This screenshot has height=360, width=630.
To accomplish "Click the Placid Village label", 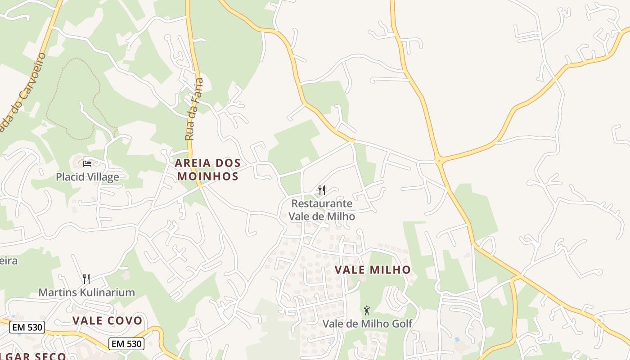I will tap(87, 177).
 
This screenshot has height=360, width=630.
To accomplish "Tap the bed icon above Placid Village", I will tap(87, 163).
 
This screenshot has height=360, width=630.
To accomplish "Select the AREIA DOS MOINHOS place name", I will tap(207, 169).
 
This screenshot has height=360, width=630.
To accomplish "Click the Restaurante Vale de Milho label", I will tap(321, 210).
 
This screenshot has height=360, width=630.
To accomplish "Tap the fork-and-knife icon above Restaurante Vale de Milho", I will tap(321, 190).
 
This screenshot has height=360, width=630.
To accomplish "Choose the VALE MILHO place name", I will tap(373, 270).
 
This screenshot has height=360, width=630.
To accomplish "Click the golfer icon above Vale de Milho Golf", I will tap(367, 310).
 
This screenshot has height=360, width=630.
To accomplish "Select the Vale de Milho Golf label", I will tap(367, 324).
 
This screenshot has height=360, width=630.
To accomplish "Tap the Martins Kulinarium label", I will tap(86, 292).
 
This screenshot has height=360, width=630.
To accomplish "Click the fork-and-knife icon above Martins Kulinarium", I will tap(86, 279).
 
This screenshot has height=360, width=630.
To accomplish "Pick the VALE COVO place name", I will tap(107, 321).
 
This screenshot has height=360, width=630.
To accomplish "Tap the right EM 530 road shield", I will tap(127, 344).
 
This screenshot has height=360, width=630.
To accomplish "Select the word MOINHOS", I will tap(207, 176).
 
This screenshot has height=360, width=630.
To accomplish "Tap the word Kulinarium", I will tap(107, 292).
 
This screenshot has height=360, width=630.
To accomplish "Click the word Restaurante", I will tap(321, 204).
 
